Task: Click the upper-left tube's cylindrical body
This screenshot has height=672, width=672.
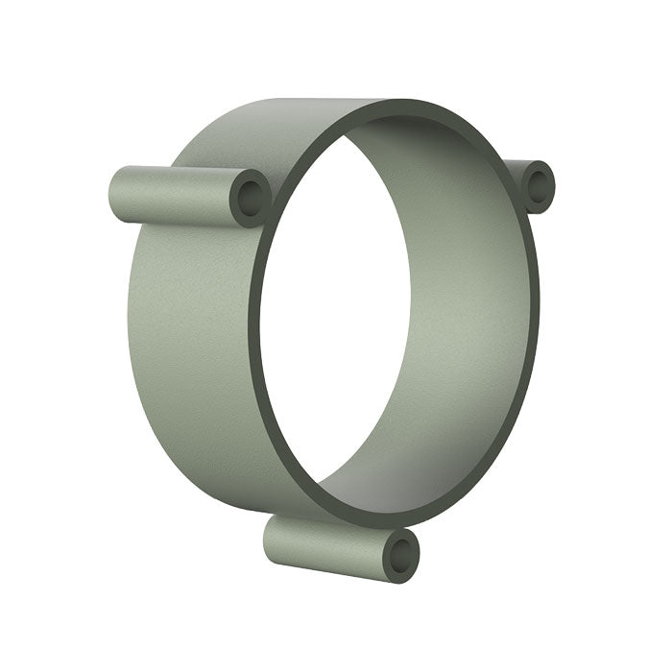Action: pos(173,193)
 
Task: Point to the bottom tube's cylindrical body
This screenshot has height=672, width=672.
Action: pos(326,541)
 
